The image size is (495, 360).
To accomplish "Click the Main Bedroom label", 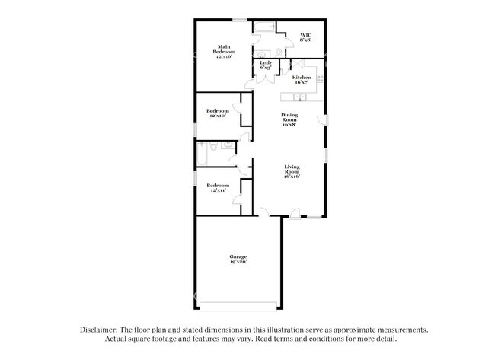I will tap(223, 51).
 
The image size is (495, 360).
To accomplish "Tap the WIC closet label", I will tap(305, 37).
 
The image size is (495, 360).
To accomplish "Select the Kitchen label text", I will tap(302, 79).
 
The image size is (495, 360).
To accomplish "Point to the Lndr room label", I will tap(266, 66).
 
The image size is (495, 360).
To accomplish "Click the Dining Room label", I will tap(289, 119).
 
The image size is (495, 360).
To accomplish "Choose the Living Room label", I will tap(292, 172).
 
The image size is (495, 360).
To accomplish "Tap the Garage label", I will tap(238, 260).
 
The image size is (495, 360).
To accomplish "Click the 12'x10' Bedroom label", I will tap(217, 113).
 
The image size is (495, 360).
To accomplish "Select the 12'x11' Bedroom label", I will tap(217, 187).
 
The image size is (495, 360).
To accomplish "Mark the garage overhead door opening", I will tap(238, 307).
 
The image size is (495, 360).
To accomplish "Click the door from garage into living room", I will tap(263, 214).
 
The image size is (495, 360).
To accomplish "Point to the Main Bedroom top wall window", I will tap(239, 19).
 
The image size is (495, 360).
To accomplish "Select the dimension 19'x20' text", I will tap(238, 263).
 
